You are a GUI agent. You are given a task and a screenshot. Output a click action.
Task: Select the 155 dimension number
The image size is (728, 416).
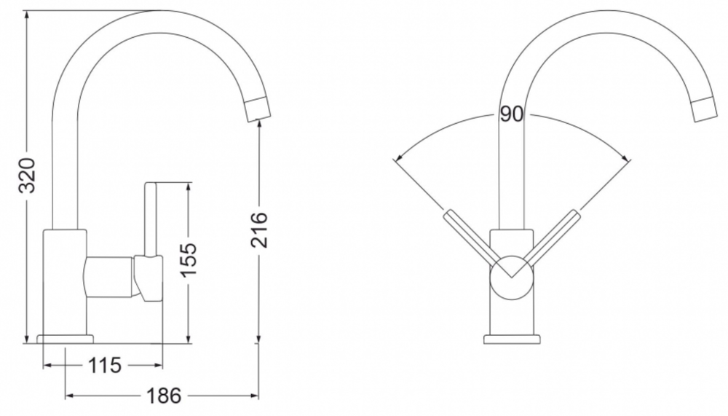tap(189, 260)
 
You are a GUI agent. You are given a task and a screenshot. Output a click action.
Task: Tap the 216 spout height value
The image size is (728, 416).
tap(259, 229)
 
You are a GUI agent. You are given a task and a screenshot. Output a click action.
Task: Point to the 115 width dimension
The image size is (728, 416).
tap(104, 365)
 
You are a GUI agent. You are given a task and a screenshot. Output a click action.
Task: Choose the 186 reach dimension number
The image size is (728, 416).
tap(164, 396)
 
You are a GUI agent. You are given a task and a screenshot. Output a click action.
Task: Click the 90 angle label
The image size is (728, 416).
tap(511, 114)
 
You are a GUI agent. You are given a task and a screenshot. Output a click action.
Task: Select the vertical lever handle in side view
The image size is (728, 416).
tap(151, 219)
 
